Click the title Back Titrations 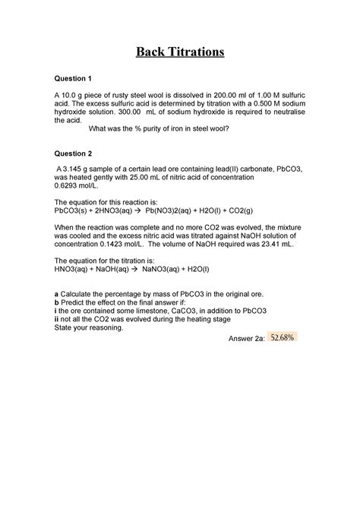[x=180, y=52]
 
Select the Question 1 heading [x=72, y=78]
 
